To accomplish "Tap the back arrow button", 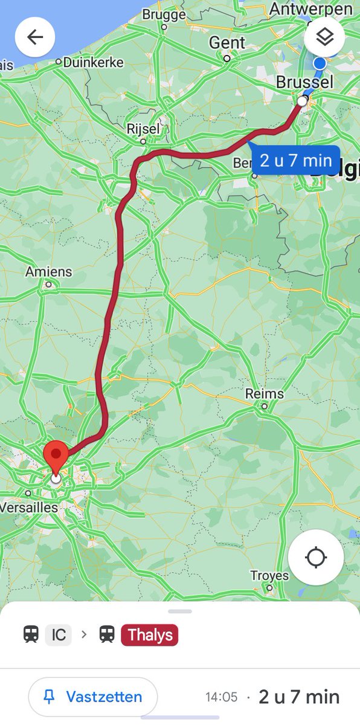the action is [x=35, y=37].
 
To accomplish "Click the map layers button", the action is [x=324, y=37].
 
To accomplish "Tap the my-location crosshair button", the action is [x=316, y=558].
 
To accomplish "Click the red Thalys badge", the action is [x=150, y=635].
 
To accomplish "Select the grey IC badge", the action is [x=59, y=635].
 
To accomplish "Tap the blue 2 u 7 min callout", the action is [x=296, y=161].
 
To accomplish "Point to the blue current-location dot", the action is [x=320, y=63].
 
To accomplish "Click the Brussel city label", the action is [x=304, y=82].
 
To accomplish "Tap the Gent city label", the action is [x=227, y=43].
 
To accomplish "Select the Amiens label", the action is [x=48, y=272].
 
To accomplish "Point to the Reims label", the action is [x=264, y=394].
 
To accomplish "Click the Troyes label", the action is [x=269, y=576].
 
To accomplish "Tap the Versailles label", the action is [x=29, y=507].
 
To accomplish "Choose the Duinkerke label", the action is [x=92, y=62].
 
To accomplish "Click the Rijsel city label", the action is [x=144, y=129].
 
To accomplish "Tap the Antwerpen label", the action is [x=310, y=9].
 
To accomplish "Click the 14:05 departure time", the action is [x=222, y=697].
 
